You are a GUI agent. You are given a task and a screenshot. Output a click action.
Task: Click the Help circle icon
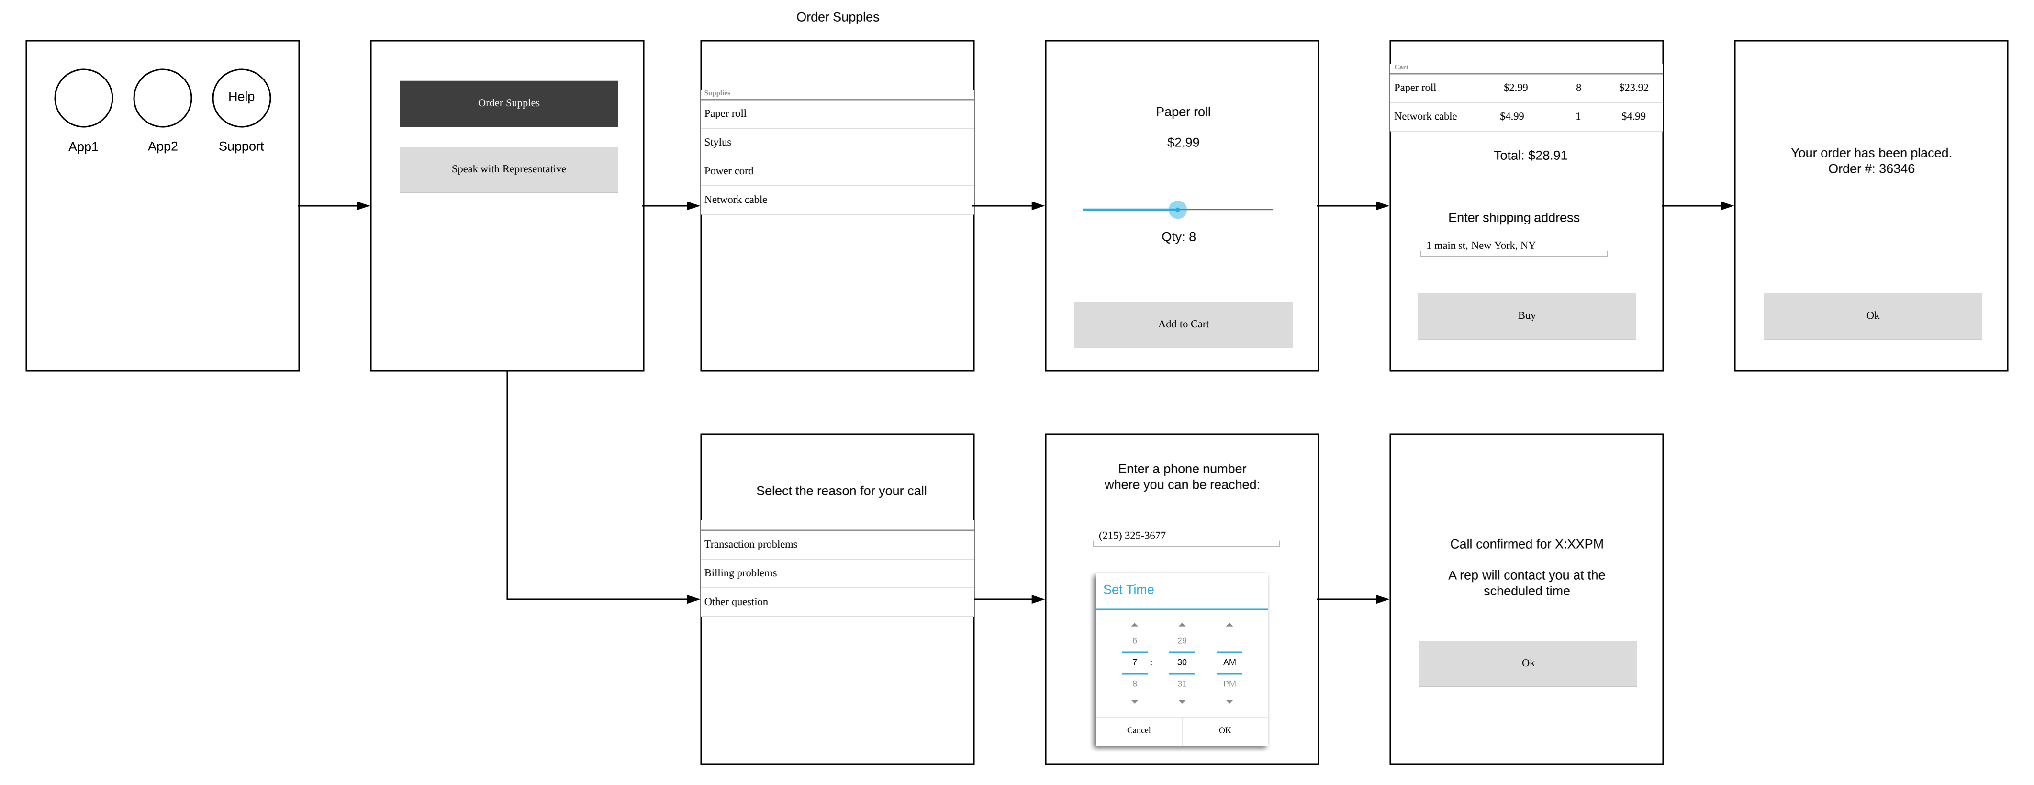(x=242, y=98)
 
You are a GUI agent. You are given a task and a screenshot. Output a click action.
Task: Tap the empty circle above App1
(x=84, y=98)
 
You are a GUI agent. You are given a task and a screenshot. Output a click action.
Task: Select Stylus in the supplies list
(x=837, y=142)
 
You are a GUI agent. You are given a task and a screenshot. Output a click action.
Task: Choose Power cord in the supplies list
(x=837, y=170)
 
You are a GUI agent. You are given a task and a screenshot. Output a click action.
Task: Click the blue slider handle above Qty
(x=1177, y=209)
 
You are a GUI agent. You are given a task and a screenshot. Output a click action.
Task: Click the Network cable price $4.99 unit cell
(x=1512, y=116)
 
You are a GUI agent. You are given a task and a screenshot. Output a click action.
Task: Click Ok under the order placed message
(x=1872, y=316)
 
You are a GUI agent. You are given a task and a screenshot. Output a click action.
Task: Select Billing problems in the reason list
(x=837, y=573)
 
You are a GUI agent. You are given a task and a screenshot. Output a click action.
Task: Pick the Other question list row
(x=837, y=602)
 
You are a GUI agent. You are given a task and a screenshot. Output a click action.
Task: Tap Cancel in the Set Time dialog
(x=1139, y=730)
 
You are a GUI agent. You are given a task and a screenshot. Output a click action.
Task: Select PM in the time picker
(x=1229, y=684)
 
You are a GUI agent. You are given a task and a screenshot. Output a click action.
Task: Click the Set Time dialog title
(x=1129, y=590)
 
